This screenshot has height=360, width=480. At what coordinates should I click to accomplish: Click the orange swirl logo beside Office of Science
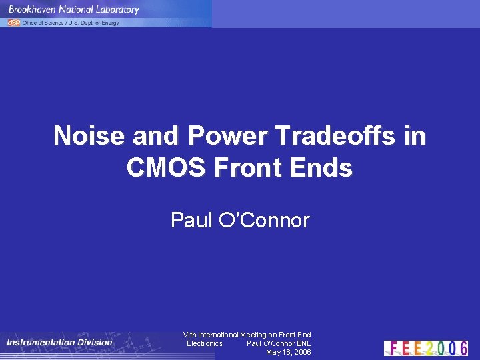pos(13,22)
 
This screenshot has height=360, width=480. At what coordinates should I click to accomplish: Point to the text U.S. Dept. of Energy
pos(94,23)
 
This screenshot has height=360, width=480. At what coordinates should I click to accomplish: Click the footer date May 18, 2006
pos(288,352)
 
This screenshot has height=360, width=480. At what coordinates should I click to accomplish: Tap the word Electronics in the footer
pos(205,343)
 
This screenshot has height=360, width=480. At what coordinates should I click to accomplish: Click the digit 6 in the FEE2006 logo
pos(462,348)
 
